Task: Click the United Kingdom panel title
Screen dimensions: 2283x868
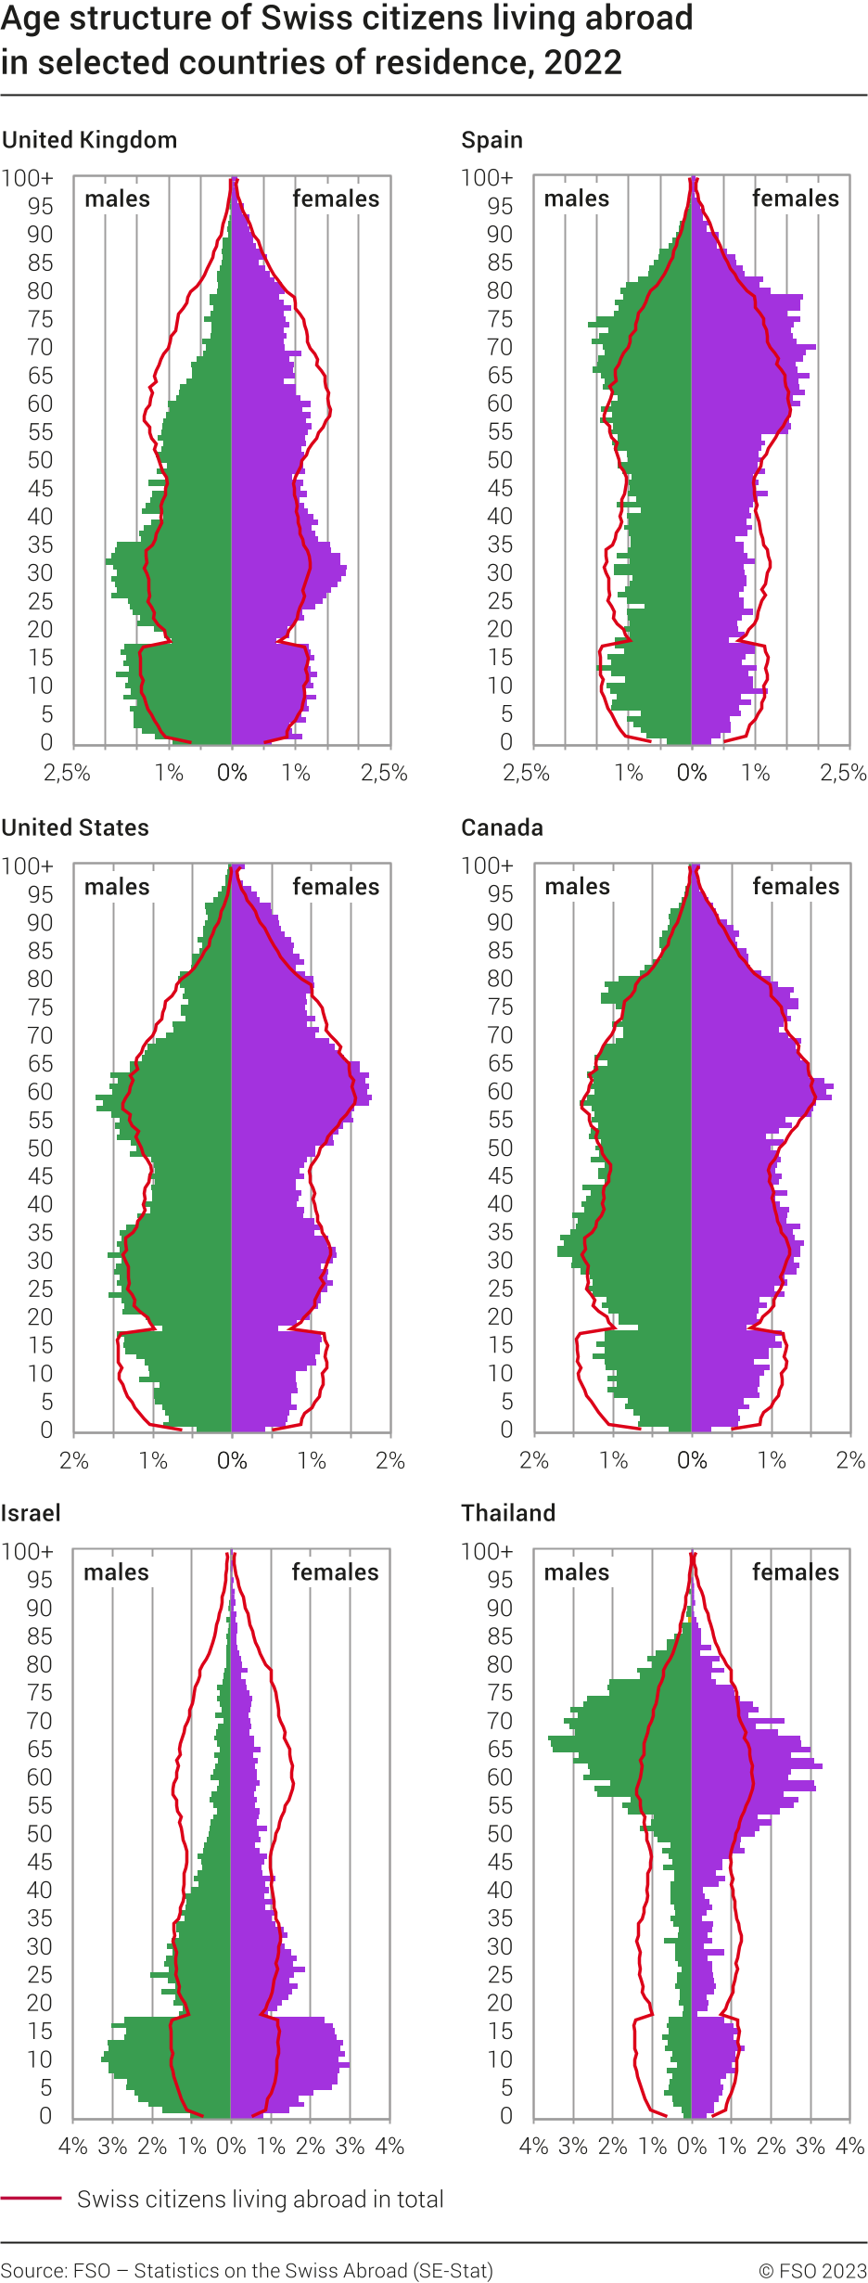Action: [x=89, y=140]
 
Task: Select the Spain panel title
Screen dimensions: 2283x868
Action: [x=491, y=140]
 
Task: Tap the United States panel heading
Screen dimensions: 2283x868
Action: [x=75, y=827]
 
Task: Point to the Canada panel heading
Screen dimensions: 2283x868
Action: [x=502, y=827]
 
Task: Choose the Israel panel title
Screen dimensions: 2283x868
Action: [x=31, y=1513]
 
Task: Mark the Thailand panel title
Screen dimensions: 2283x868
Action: [x=508, y=1513]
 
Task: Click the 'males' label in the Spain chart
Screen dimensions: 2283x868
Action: [x=576, y=199]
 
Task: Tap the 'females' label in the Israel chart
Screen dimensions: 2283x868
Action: [x=335, y=1571]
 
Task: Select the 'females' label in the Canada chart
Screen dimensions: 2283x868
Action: [x=795, y=886]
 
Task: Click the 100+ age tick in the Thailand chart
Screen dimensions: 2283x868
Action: [x=487, y=1551]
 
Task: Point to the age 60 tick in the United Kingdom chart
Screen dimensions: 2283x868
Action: [x=40, y=404]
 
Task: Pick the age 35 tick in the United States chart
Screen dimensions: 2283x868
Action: [x=40, y=1232]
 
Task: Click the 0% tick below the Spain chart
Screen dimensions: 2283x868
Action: [x=692, y=773]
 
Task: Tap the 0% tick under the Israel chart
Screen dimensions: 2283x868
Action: [x=231, y=2146]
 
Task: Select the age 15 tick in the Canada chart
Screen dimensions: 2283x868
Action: [x=500, y=1345]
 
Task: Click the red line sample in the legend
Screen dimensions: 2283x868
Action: [x=31, y=2199]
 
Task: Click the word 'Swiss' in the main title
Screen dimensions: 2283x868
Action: [x=292, y=18]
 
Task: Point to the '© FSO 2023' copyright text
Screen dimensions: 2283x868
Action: [x=812, y=2270]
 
